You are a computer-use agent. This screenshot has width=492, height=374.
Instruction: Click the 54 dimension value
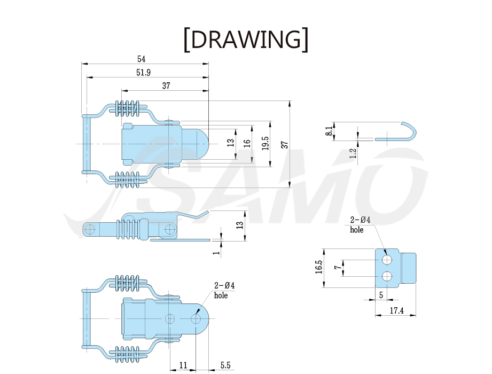point(141,59)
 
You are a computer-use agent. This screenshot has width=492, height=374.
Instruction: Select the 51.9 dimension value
point(143,73)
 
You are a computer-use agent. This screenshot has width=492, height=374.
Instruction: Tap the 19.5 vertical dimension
point(265,143)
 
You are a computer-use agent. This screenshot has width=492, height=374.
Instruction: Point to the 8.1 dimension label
point(329,131)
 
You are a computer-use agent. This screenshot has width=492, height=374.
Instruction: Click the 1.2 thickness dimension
point(353,153)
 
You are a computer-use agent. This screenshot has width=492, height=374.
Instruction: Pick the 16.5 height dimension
point(319,267)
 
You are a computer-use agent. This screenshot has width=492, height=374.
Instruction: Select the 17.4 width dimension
point(396,310)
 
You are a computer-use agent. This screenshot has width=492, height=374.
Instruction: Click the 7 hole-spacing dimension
point(337,267)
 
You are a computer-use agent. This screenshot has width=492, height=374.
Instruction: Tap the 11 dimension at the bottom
point(183,365)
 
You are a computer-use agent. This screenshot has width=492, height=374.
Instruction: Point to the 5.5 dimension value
point(225,365)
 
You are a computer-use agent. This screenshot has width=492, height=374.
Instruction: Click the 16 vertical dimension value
point(247,143)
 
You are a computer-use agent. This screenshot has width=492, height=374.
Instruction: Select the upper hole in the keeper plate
point(387,260)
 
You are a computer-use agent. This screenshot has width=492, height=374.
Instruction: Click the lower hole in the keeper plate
point(387,276)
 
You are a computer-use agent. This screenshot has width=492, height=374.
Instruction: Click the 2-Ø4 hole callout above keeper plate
point(360,224)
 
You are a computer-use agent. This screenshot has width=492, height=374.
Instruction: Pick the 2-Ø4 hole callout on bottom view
point(224,290)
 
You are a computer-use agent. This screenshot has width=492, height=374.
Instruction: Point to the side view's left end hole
point(90,229)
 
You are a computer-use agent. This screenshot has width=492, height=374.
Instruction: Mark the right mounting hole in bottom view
point(196,319)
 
